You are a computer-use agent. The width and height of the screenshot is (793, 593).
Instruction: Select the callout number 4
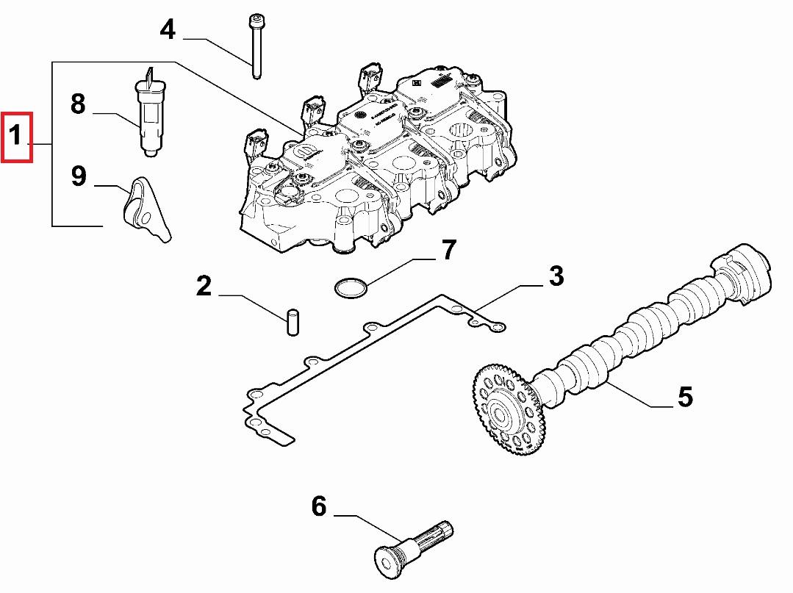tap(168, 30)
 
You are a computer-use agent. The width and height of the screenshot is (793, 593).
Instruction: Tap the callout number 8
tap(78, 104)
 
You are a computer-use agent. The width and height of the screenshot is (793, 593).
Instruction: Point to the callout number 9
tap(79, 176)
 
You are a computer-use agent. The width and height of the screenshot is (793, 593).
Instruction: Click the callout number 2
tap(204, 285)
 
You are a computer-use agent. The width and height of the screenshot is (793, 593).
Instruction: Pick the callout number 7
tap(448, 251)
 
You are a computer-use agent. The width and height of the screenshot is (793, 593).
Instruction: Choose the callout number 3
tap(556, 276)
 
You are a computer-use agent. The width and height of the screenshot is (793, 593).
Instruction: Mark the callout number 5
tap(684, 397)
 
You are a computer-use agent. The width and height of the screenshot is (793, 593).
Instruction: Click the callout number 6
tap(318, 506)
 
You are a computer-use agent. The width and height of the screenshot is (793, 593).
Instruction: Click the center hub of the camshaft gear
tap(505, 416)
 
